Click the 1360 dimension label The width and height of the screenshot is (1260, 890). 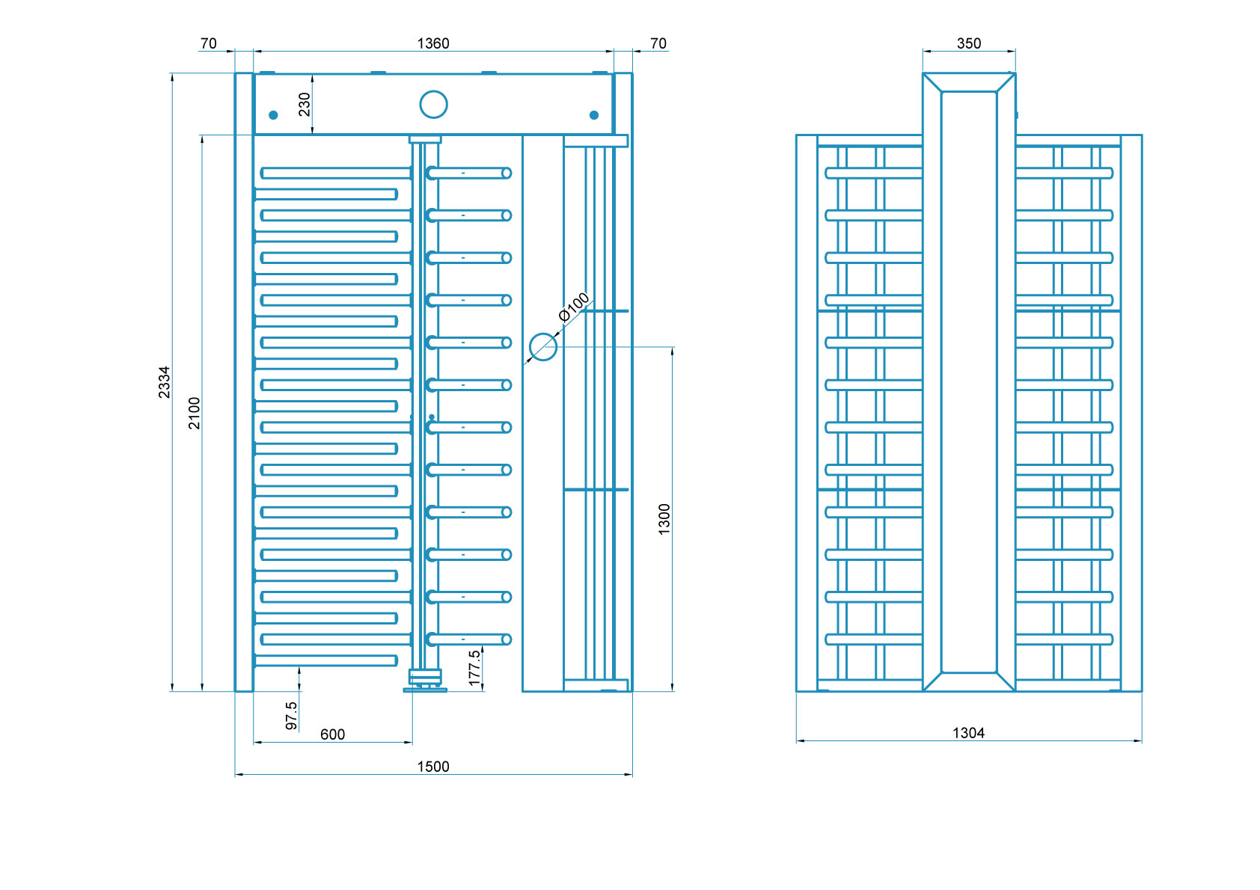433,43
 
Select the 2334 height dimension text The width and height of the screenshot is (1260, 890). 164,381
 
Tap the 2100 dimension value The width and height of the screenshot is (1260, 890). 195,413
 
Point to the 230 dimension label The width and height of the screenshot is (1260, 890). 305,104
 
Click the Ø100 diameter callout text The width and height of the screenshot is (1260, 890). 575,307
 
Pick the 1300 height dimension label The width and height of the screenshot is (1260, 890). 664,519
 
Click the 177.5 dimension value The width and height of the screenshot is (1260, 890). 474,667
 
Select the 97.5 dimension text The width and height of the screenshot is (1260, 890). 292,715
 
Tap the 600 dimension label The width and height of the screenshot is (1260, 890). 332,734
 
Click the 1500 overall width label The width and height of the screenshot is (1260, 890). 433,767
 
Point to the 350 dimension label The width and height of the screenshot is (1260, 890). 969,43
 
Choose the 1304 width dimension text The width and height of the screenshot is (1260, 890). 968,733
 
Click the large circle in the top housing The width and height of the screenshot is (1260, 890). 433,105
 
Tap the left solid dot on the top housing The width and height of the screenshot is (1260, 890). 273,115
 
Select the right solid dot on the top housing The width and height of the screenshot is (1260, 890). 594,115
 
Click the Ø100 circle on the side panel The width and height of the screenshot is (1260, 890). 543,346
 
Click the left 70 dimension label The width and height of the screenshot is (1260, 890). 209,43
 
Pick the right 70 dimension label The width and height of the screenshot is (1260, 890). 658,43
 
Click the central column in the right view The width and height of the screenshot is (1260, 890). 969,381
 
